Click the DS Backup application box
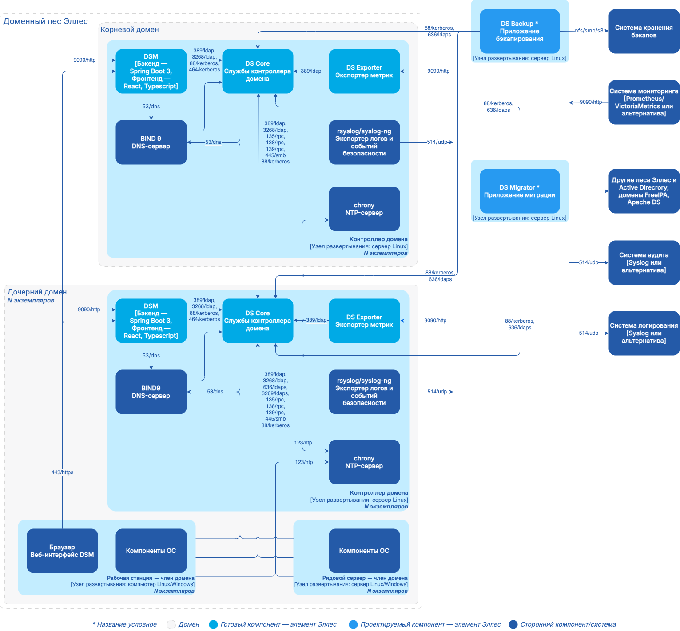[519, 31]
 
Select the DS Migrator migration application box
[519, 191]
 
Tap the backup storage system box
[644, 31]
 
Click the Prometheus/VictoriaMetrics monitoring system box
[644, 102]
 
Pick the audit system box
[644, 262]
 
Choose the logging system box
[644, 333]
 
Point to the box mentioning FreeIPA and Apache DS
[644, 191]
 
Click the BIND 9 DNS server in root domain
[151, 142]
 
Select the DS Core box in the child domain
[258, 321]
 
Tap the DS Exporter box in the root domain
[364, 71]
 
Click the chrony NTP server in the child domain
[364, 462]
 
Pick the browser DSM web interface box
[62, 551]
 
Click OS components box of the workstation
[151, 551]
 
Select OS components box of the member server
[364, 551]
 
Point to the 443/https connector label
[62, 472]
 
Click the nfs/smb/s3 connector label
[589, 31]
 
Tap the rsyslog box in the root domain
[364, 142]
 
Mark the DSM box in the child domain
[151, 321]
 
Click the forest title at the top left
[46, 21]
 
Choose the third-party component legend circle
[513, 624]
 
